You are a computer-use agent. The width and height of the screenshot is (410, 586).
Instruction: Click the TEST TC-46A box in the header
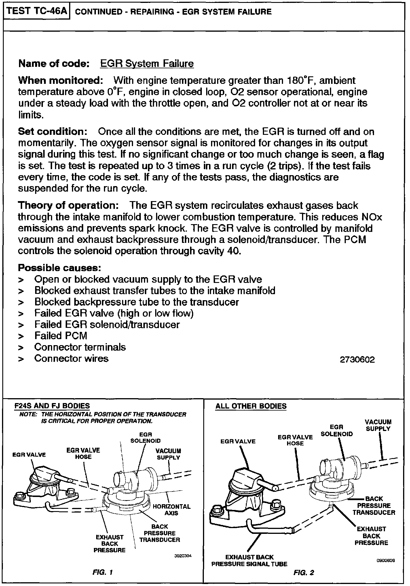coord(37,11)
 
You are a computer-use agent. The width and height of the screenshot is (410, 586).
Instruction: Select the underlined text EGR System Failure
coord(147,64)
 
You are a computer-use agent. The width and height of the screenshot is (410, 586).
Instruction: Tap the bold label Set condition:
coord(53,132)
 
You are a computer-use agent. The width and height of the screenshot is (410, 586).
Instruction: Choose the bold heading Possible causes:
coord(59,268)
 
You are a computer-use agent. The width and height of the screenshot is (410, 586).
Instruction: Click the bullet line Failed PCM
coord(61,336)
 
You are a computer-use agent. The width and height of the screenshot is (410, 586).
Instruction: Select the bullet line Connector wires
coord(71,358)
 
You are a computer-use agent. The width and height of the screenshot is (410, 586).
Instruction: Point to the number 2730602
coord(357,360)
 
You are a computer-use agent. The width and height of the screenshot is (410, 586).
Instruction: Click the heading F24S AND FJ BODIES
coord(52,406)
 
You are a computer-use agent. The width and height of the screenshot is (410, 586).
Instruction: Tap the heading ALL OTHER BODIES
coord(251,406)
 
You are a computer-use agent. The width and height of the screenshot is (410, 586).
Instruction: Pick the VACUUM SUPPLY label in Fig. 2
coord(378,425)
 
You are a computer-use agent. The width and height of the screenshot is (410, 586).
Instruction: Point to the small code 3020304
coord(183,556)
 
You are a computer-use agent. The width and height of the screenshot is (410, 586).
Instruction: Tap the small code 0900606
coord(386,561)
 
